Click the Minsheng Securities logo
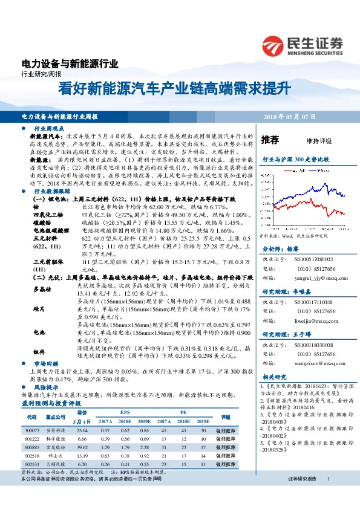(x=303, y=45)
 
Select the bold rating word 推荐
(x=270, y=140)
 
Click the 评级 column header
(x=226, y=400)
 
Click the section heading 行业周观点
(x=49, y=129)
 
